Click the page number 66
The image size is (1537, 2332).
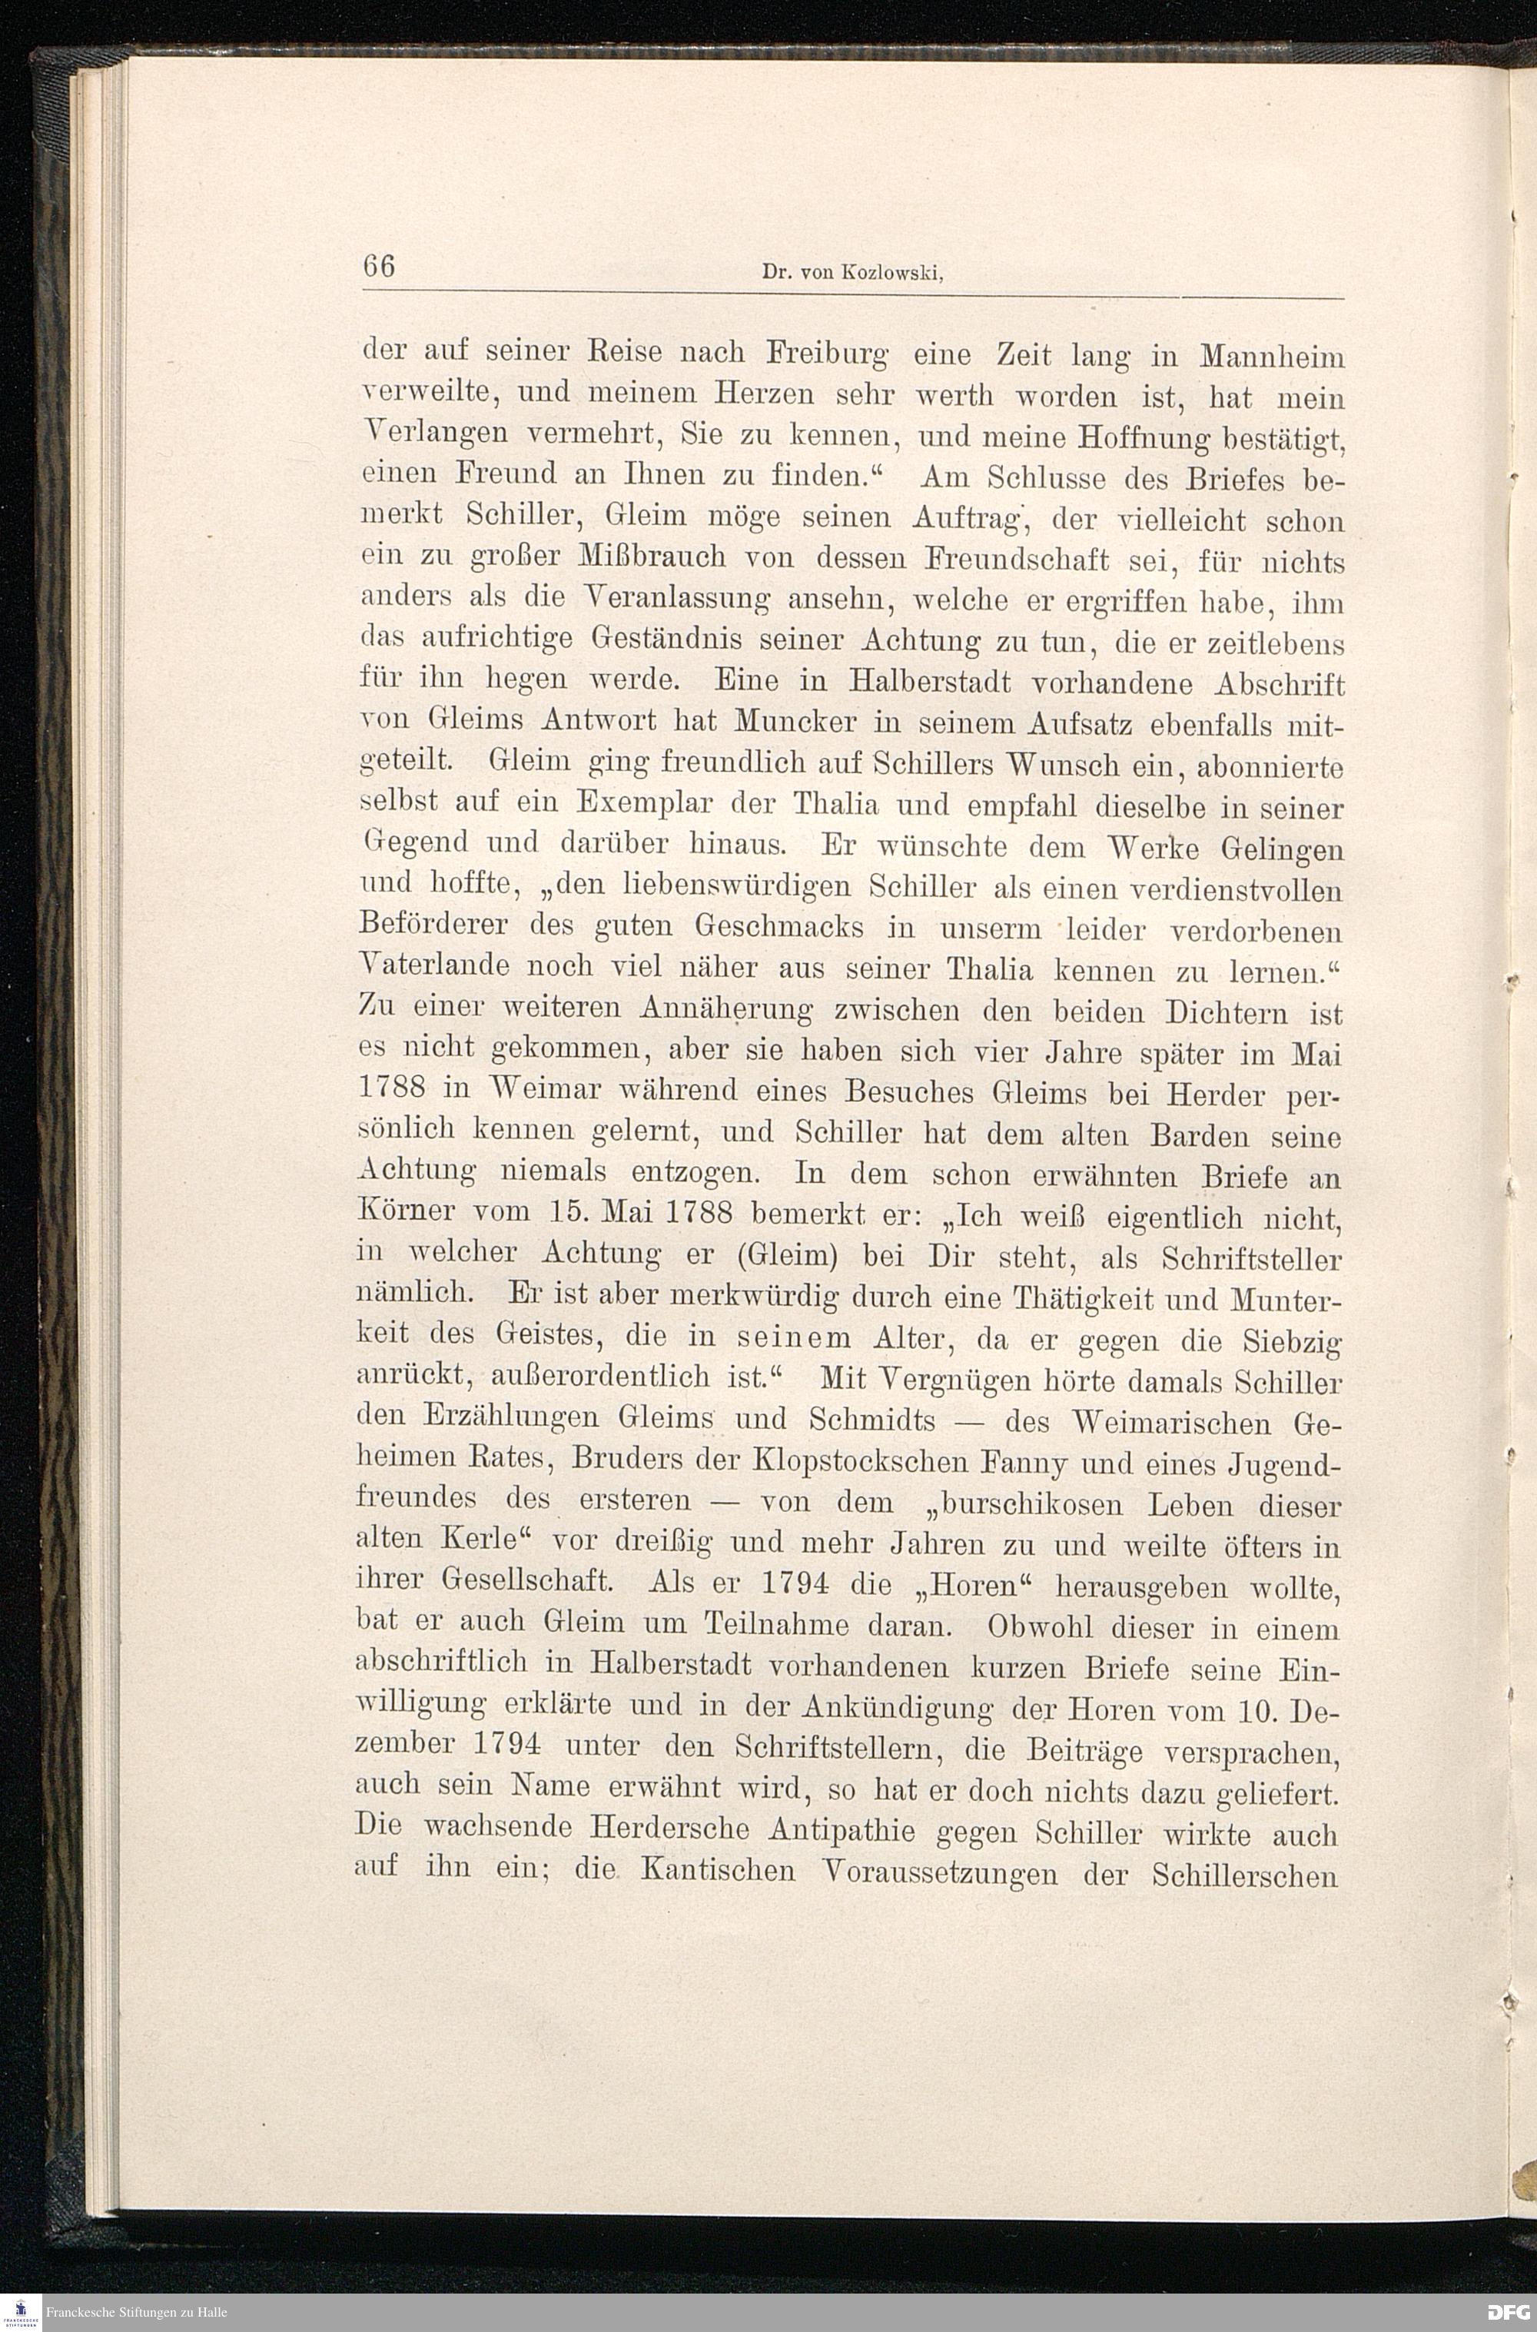[378, 267]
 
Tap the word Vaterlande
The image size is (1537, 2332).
[434, 965]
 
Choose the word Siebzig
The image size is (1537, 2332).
[1291, 1340]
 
